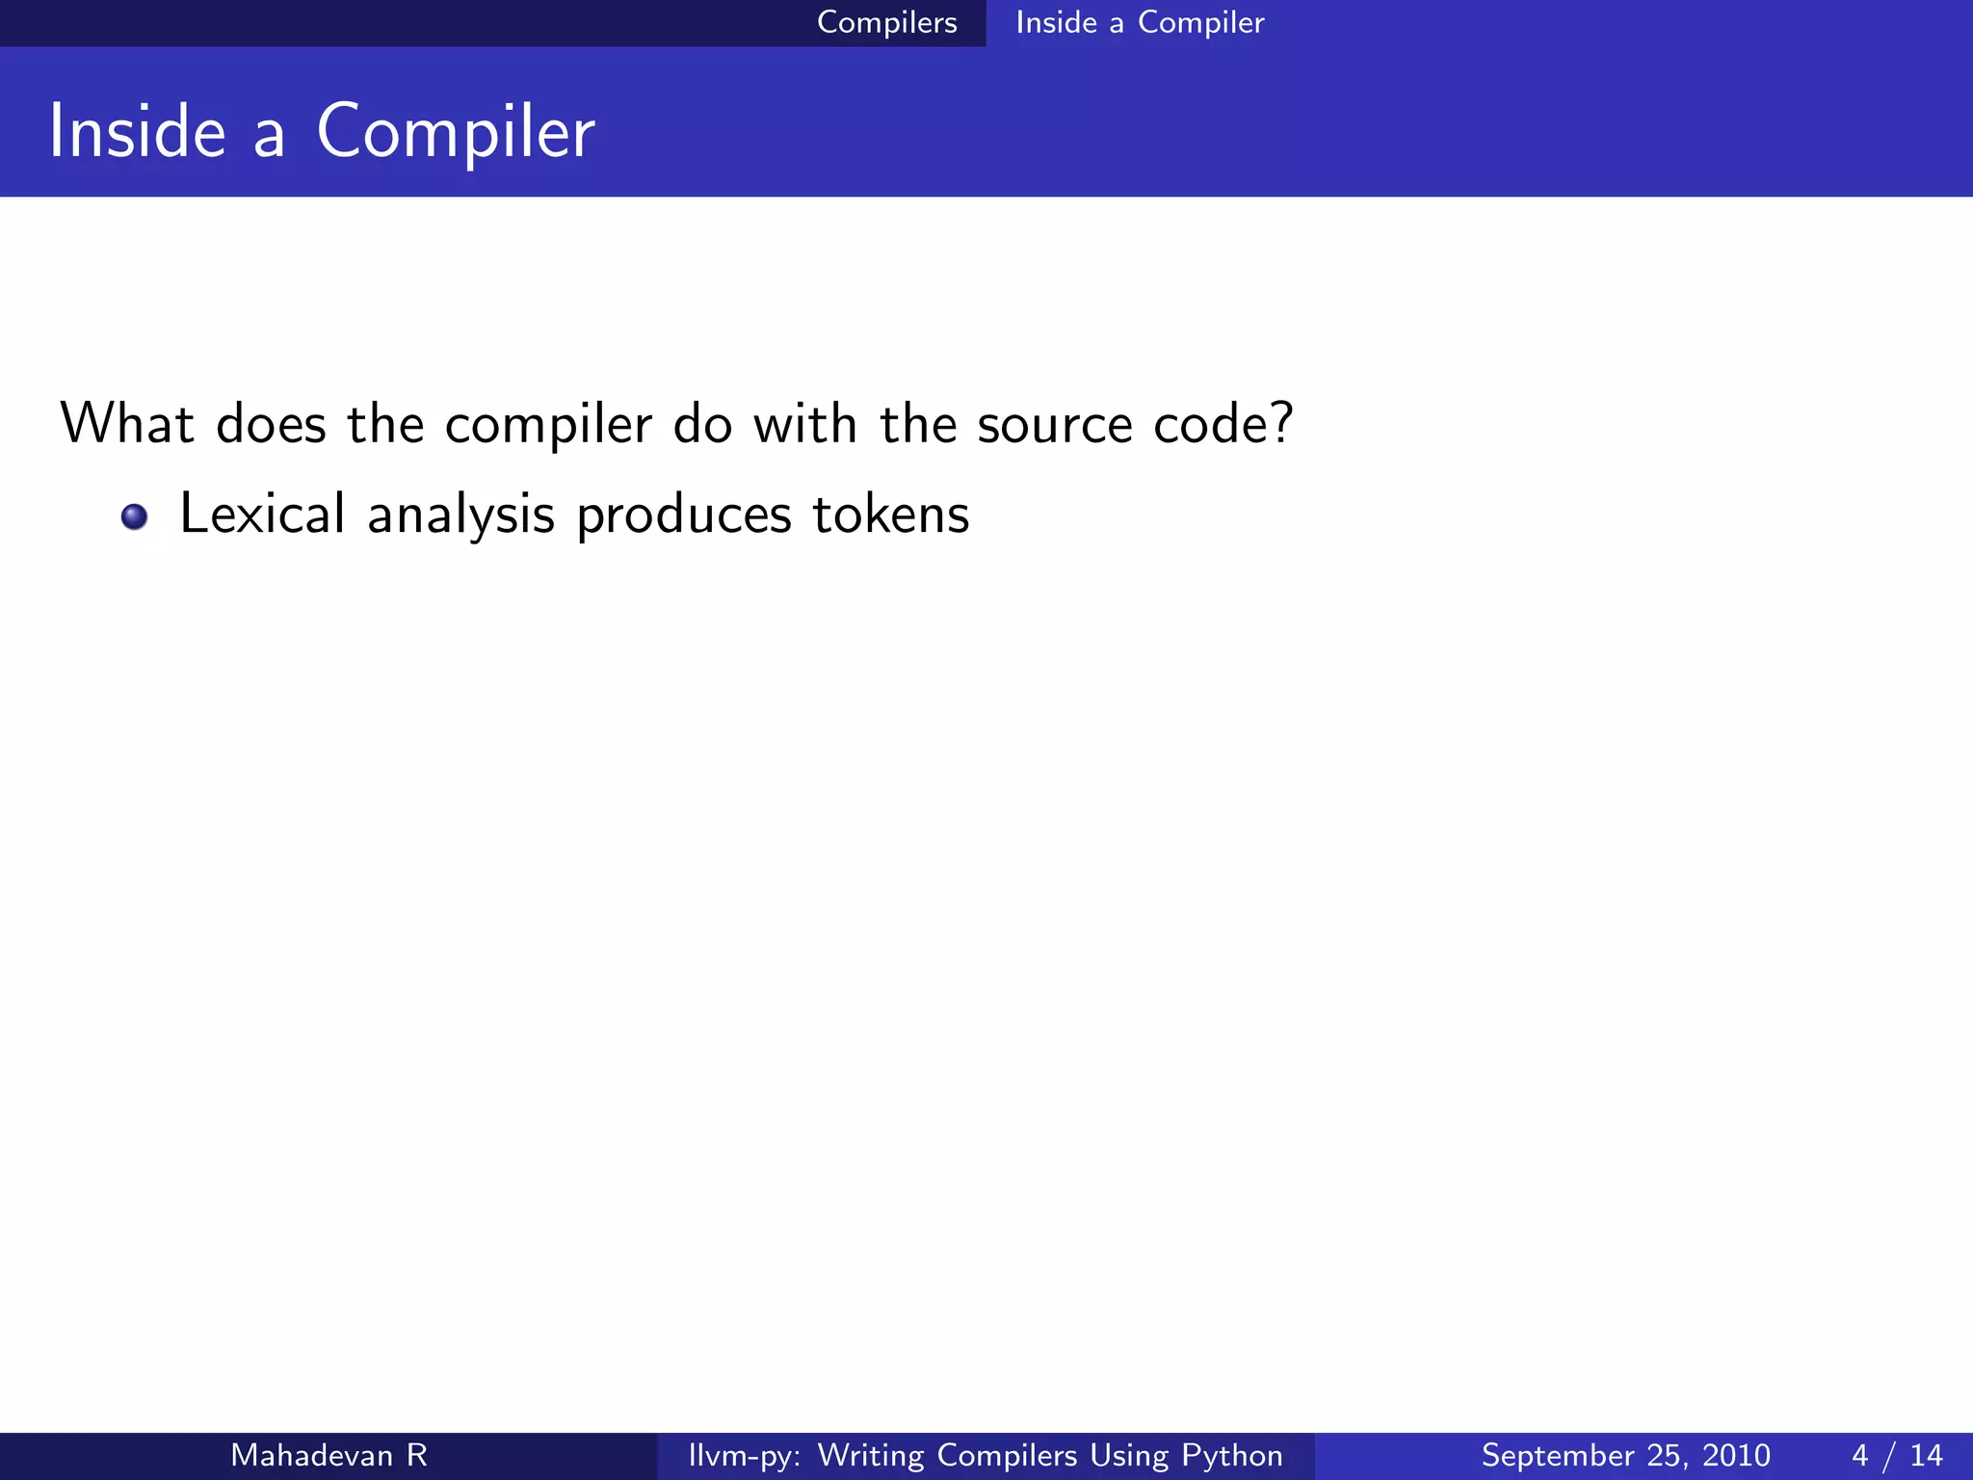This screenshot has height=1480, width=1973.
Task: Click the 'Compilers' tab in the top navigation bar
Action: pyautogui.click(x=886, y=22)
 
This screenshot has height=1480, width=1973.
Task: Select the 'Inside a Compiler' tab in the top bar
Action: pyautogui.click(x=1140, y=22)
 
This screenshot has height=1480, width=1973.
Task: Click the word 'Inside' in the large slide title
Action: pyautogui.click(x=137, y=132)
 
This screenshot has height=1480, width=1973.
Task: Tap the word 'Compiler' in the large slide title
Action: pyautogui.click(x=456, y=132)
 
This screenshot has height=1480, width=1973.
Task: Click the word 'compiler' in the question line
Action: pyautogui.click(x=548, y=425)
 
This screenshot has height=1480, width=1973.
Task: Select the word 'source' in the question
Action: pyautogui.click(x=1055, y=425)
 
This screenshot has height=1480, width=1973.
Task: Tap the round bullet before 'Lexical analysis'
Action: pyautogui.click(x=134, y=516)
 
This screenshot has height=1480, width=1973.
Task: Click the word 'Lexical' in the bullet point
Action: pyautogui.click(x=262, y=514)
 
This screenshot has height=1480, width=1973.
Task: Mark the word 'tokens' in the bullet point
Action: pyautogui.click(x=891, y=514)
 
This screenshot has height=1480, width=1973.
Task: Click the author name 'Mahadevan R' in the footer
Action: pyautogui.click(x=329, y=1455)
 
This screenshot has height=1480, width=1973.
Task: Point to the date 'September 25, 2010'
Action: pyautogui.click(x=1625, y=1455)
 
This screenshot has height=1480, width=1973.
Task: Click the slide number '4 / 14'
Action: pyautogui.click(x=1897, y=1455)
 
